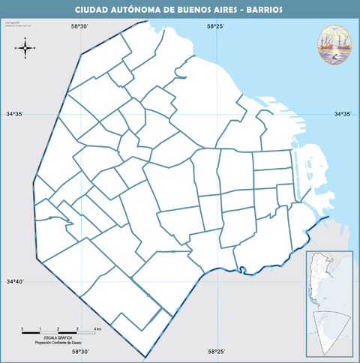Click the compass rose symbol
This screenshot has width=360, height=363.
[25, 49]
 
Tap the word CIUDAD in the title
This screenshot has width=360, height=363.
[94, 11]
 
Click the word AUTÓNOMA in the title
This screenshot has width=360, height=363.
[143, 11]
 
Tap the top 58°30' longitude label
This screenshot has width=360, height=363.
[79, 26]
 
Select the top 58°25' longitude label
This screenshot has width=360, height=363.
[216, 26]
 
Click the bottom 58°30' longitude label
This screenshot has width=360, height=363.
[79, 351]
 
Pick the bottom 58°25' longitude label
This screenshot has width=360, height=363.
[216, 351]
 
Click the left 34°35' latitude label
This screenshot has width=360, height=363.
[16, 114]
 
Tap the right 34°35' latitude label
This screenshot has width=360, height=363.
[343, 114]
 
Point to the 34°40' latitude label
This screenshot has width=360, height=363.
[16, 282]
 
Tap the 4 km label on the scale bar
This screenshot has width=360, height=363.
[97, 330]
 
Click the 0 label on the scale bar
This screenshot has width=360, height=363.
[22, 330]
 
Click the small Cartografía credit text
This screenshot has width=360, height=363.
[11, 23]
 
